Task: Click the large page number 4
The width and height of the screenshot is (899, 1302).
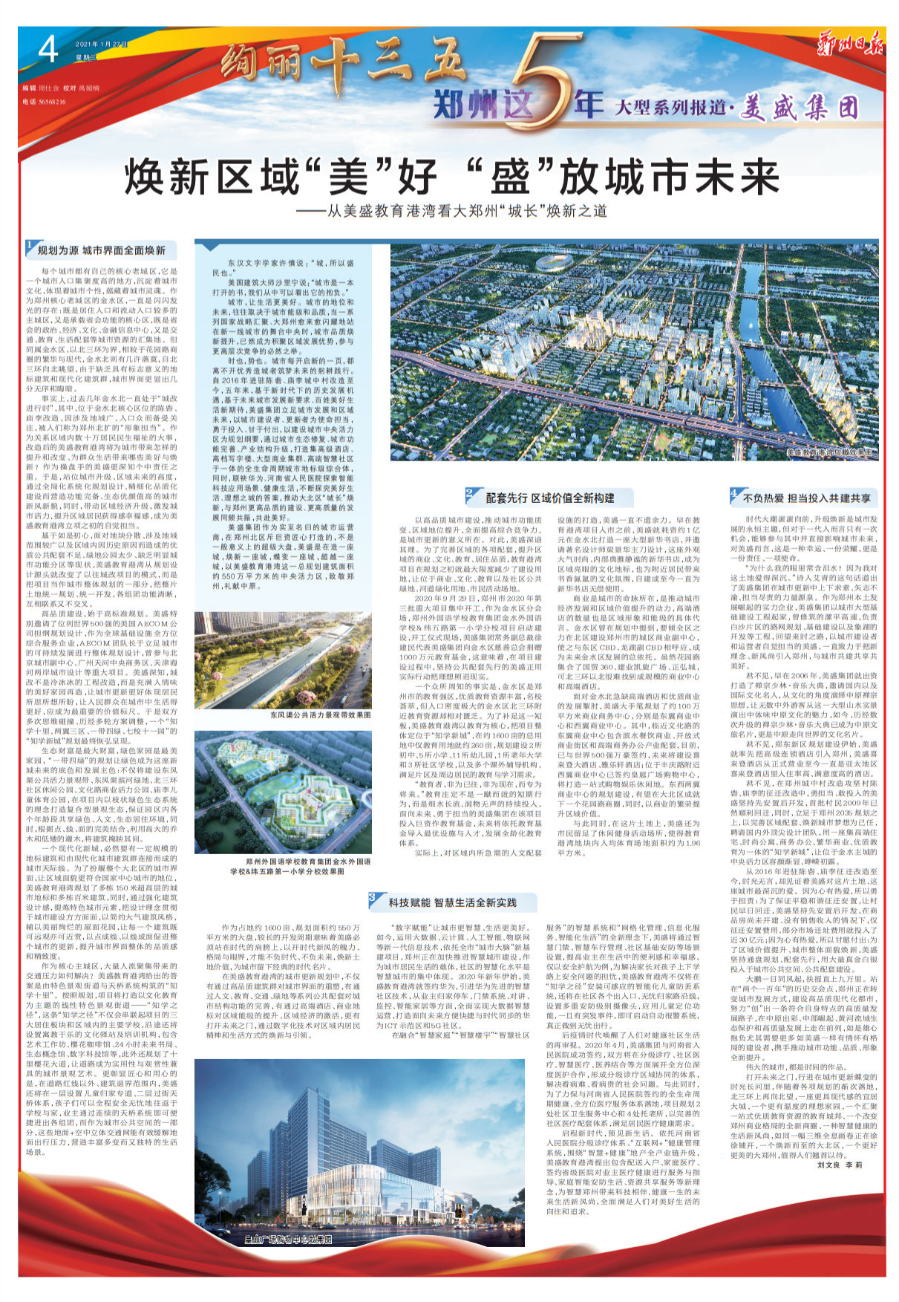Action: (48, 52)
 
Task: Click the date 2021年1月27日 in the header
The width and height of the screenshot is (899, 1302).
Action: (102, 45)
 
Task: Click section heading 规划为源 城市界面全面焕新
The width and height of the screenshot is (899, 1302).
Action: (102, 250)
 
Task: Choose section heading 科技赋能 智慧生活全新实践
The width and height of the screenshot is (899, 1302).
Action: (452, 902)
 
